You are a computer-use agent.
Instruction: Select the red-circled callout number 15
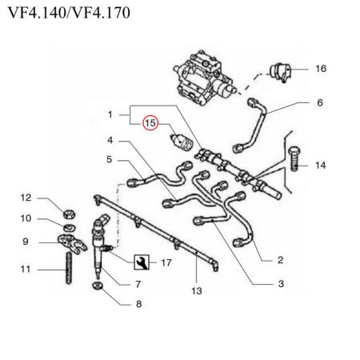pyautogui.click(x=150, y=123)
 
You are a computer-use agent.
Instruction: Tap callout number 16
pyautogui.click(x=320, y=70)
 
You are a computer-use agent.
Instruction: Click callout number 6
pyautogui.click(x=320, y=102)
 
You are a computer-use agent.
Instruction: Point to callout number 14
pyautogui.click(x=320, y=166)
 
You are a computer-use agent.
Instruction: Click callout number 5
pyautogui.click(x=110, y=160)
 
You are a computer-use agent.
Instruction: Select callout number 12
pyautogui.click(x=25, y=198)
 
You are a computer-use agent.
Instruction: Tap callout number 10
pyautogui.click(x=25, y=218)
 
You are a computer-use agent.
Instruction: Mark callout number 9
pyautogui.click(x=25, y=241)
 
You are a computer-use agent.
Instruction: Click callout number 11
pyautogui.click(x=25, y=270)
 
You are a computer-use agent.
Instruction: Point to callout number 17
pyautogui.click(x=166, y=262)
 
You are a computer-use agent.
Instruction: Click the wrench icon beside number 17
pyautogui.click(x=141, y=261)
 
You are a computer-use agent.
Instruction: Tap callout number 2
pyautogui.click(x=281, y=260)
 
